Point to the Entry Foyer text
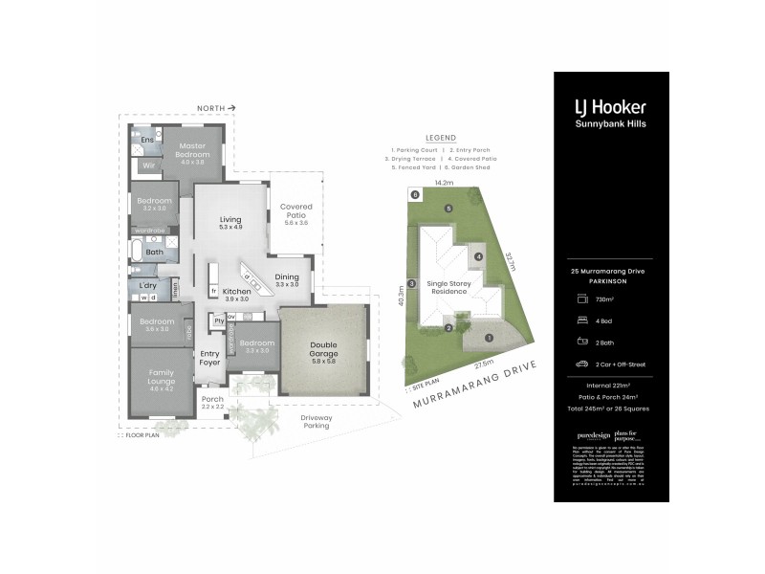pos(209,358)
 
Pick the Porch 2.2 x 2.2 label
pos(211,403)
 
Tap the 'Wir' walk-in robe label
pos(148,166)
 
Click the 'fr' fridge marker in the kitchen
pos(213,290)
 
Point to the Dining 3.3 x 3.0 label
pos(287,279)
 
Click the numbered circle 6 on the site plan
pos(415,195)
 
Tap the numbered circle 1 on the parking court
pos(489,337)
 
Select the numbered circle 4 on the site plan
pos(477,256)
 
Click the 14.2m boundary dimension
pos(444,182)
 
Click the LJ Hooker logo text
pos(610,107)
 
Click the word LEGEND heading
pos(441,138)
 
